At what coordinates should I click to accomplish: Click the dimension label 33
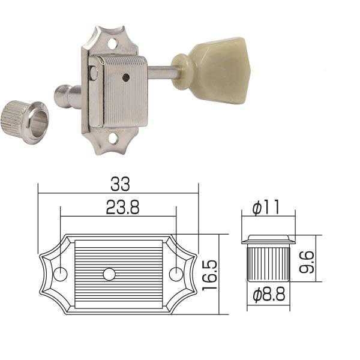(120, 184)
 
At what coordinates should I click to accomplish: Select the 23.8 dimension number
(122, 208)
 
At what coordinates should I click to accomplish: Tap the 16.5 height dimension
(209, 275)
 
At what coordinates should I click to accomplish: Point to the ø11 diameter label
(266, 207)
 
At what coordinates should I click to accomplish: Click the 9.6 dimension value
(307, 262)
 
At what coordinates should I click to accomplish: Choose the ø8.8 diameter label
(269, 295)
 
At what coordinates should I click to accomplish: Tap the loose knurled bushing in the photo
(25, 122)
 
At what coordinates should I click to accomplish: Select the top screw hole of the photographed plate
(112, 43)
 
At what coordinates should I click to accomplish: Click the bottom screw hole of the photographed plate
(113, 139)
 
